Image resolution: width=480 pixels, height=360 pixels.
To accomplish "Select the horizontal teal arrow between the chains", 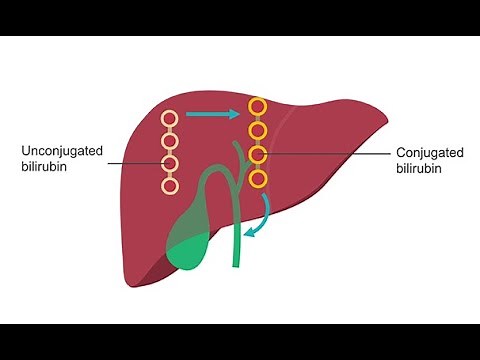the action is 207,113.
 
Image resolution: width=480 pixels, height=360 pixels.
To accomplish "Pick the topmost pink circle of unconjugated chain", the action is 169,120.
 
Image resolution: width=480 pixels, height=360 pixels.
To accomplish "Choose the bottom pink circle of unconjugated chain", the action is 169,185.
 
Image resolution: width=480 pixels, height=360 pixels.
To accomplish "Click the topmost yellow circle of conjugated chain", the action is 258,107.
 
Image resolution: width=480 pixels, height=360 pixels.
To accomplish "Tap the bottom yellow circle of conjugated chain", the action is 258,179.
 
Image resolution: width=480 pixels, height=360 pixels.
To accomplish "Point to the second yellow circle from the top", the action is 258,131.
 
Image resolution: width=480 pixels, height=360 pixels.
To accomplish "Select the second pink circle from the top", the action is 169,142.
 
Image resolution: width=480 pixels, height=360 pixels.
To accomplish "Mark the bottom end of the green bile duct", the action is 238,264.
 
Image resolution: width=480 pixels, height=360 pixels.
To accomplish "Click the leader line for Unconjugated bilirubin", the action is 129,163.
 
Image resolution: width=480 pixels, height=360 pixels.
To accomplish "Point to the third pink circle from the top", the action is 169,164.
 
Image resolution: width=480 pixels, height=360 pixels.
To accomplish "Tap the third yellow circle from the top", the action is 258,155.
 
